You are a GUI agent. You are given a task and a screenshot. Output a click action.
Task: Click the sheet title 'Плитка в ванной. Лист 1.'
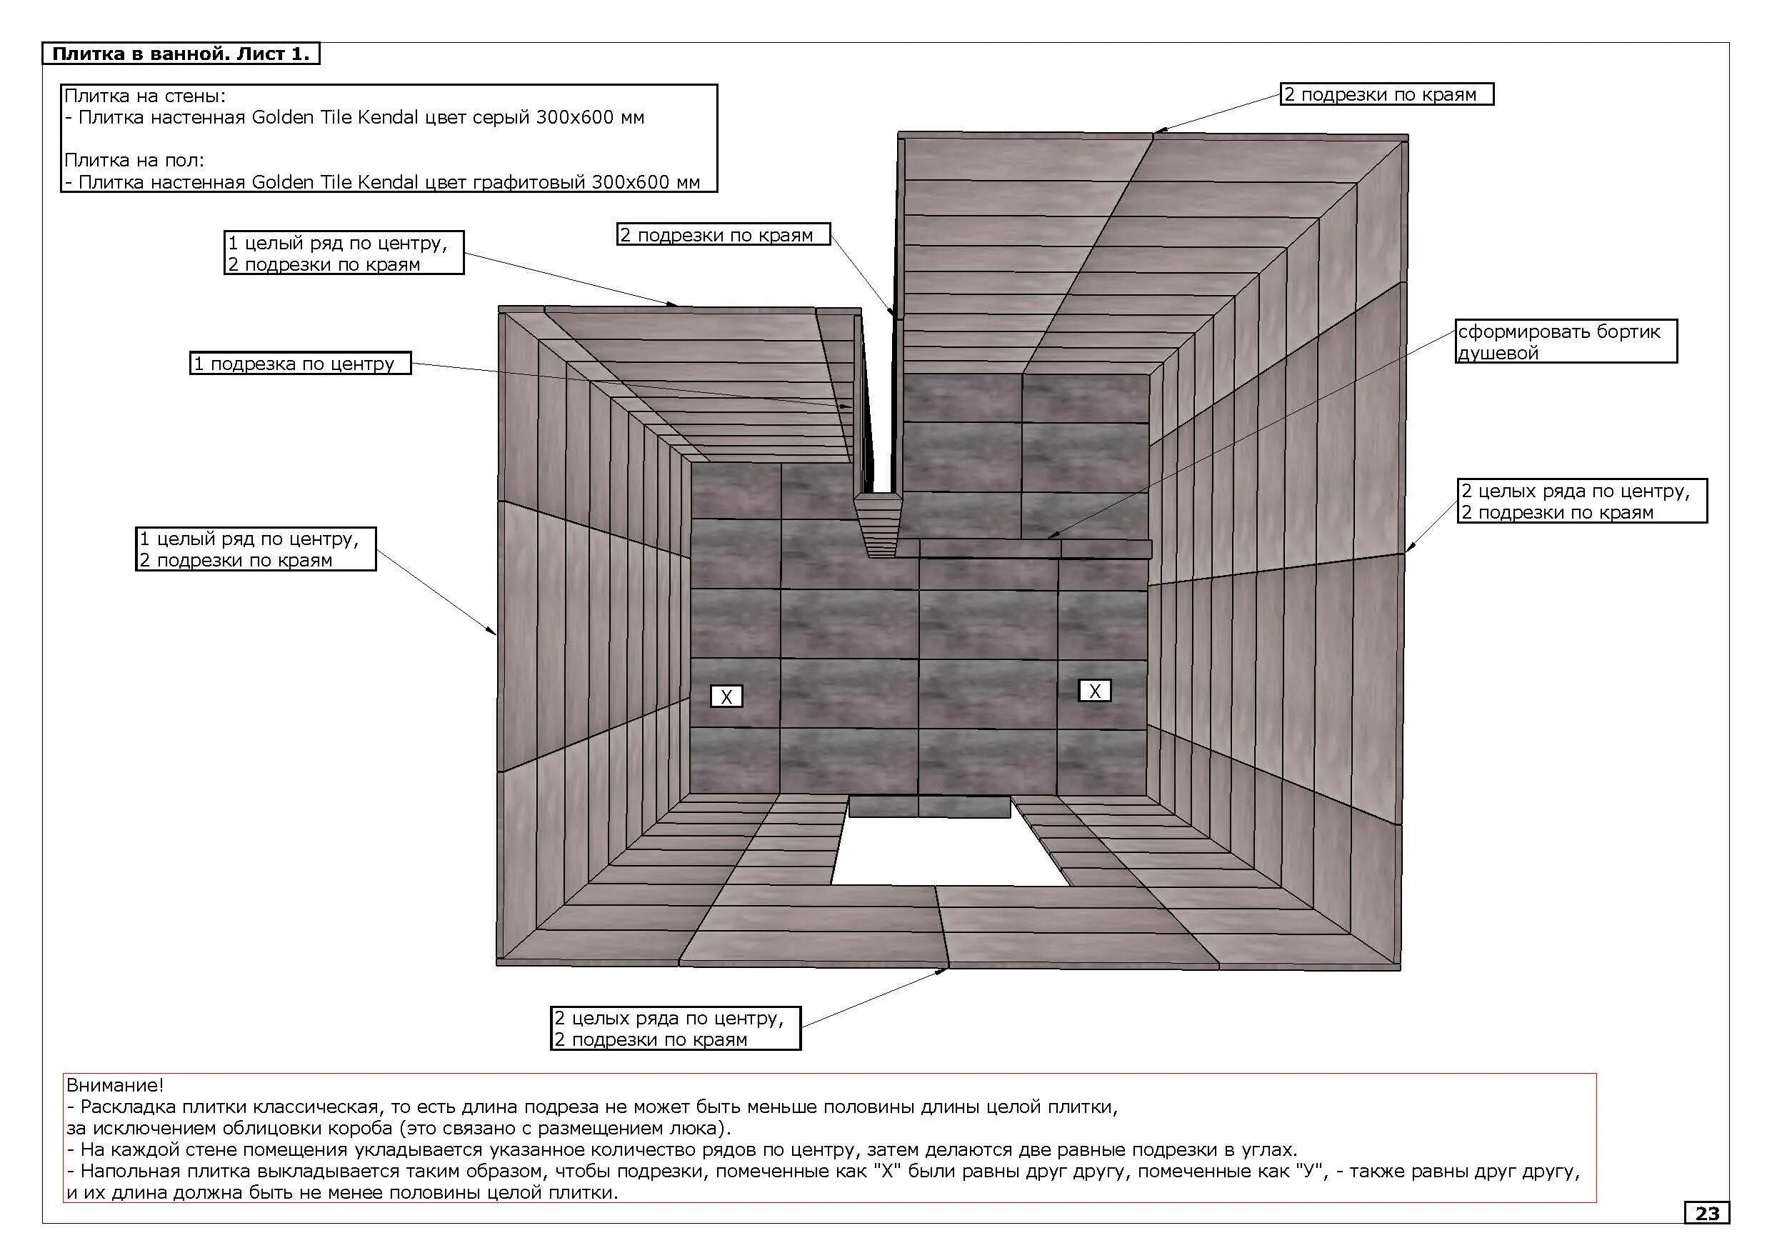pos(181,54)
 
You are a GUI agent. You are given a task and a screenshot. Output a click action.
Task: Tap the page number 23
pos(1707,1214)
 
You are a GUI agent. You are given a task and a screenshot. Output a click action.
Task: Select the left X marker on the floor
pos(726,697)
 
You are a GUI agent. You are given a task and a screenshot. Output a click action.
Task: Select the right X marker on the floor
pos(1094,691)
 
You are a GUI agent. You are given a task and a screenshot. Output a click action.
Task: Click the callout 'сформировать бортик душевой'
pos(1566,342)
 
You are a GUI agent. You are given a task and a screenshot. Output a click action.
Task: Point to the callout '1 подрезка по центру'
pos(301,364)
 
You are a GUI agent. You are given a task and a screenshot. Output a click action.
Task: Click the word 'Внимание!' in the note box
pos(115,1085)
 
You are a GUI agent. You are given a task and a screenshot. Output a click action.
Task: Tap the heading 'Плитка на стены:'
pos(145,96)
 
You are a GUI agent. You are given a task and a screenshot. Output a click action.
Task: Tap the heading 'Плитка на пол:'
pos(134,161)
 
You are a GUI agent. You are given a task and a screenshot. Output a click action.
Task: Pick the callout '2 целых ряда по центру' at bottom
pos(676,1029)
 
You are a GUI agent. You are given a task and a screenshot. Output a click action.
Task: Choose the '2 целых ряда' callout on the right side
pos(1582,501)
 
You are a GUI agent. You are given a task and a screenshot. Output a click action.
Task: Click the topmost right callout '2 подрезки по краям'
pos(1387,95)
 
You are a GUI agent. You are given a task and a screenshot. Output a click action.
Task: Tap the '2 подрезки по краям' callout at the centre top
pos(723,235)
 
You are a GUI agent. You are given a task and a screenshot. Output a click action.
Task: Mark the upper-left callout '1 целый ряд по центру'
pos(344,253)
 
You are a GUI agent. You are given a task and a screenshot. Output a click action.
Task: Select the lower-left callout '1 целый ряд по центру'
pos(256,549)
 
